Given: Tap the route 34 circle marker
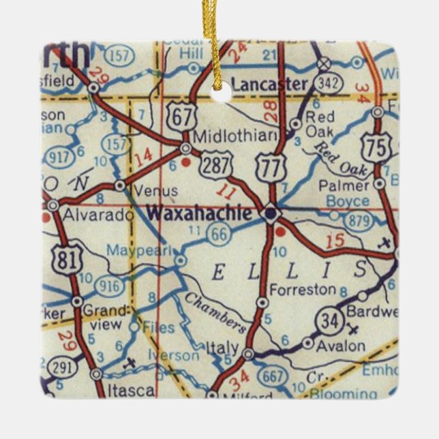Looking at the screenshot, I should [329, 321].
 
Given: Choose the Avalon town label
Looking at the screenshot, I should [342, 346].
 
